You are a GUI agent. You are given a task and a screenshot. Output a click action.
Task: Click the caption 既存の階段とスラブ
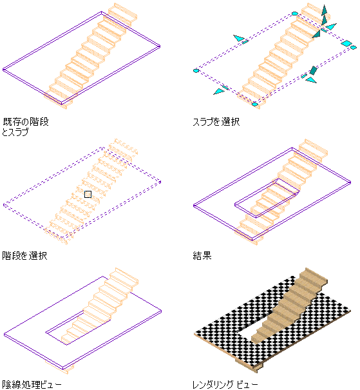25,127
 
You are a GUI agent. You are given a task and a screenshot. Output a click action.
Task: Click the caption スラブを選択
216,122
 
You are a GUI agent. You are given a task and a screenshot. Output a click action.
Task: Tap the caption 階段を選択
24,256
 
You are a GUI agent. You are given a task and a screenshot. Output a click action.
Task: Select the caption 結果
202,256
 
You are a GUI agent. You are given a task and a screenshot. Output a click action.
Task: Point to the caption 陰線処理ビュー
32,385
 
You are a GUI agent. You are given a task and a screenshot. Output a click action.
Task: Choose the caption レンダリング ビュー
225,385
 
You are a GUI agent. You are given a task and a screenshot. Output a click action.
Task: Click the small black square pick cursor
88,194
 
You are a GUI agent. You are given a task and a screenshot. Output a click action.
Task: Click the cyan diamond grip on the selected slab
346,43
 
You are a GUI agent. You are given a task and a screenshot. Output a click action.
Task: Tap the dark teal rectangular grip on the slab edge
313,71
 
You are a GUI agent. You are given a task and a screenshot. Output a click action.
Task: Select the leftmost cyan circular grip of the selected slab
196,71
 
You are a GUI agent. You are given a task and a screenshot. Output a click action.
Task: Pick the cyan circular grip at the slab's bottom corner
254,104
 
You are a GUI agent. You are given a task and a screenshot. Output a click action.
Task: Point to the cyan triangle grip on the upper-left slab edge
239,38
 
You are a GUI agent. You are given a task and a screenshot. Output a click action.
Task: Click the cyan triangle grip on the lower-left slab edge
218,92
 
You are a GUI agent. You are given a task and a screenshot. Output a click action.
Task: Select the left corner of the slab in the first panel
3,70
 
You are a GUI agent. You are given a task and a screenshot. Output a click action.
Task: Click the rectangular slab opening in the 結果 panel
267,198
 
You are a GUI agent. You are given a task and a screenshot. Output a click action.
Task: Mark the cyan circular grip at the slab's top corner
295,14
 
